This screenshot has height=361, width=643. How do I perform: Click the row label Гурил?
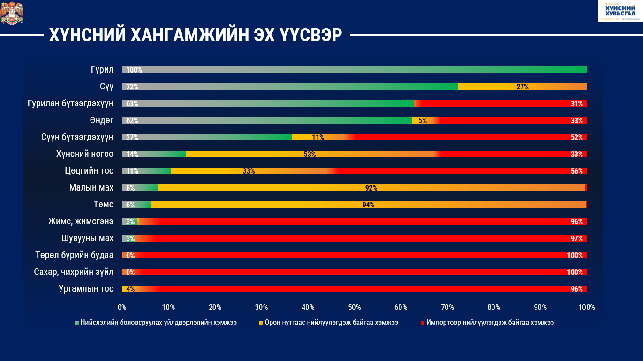pyautogui.click(x=102, y=70)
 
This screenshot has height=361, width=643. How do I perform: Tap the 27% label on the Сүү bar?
pyautogui.click(x=522, y=87)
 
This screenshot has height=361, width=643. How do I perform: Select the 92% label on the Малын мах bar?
pyautogui.click(x=371, y=188)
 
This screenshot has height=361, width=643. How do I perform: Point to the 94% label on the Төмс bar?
pyautogui.click(x=368, y=205)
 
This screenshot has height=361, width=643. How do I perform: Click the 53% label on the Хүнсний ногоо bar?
pyautogui.click(x=310, y=154)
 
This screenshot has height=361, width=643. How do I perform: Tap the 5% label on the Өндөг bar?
pyautogui.click(x=423, y=120)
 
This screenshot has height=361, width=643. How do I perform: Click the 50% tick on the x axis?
pyautogui.click(x=354, y=308)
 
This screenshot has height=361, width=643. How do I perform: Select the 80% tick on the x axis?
pyautogui.click(x=494, y=308)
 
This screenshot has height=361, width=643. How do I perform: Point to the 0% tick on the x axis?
pyautogui.click(x=122, y=308)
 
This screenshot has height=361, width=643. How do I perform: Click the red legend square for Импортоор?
pyautogui.click(x=423, y=323)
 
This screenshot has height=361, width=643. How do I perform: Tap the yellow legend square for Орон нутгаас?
pyautogui.click(x=260, y=323)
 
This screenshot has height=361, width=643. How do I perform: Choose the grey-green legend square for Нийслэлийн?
pyautogui.click(x=76, y=323)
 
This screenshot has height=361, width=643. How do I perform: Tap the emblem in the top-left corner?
pyautogui.click(x=12, y=13)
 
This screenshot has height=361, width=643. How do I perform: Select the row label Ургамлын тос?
pyautogui.click(x=86, y=289)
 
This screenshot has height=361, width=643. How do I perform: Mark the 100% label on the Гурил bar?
pyautogui.click(x=134, y=70)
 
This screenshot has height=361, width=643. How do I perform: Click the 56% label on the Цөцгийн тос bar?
pyautogui.click(x=576, y=171)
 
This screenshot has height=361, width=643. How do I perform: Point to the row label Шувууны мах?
pyautogui.click(x=87, y=238)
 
